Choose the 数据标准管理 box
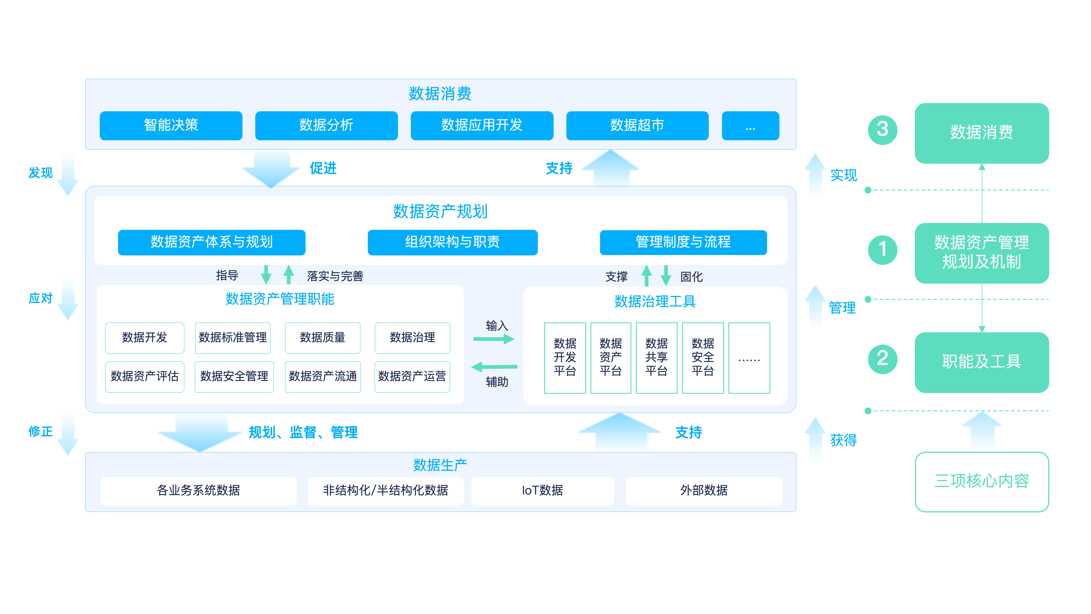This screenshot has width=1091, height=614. [x=232, y=338]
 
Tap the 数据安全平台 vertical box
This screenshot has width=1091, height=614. [x=703, y=358]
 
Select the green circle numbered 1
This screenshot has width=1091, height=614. [x=883, y=250]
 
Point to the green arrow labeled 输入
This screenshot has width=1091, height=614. [x=494, y=339]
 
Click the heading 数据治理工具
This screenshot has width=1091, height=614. [x=655, y=302]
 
